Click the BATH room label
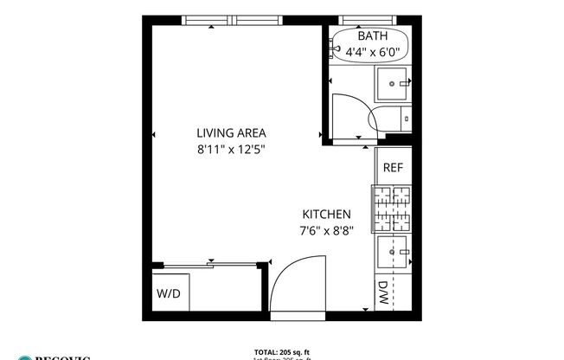click(x=373, y=36)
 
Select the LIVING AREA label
click(x=231, y=133)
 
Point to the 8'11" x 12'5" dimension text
click(x=230, y=149)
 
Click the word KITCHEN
click(x=326, y=215)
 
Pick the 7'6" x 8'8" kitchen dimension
click(x=327, y=230)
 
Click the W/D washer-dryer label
click(x=169, y=294)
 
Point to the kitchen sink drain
click(x=394, y=252)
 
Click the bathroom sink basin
click(x=394, y=84)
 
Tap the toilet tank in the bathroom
click(x=407, y=117)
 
